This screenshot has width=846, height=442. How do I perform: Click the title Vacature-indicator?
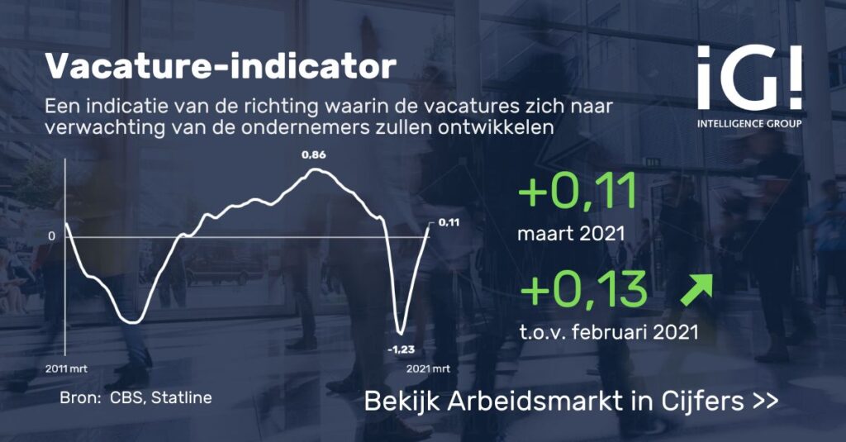pos(220,66)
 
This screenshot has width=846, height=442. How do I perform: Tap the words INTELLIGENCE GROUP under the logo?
pos(749,124)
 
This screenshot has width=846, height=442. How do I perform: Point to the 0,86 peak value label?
pos(313,154)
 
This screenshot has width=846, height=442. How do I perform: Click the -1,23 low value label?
pos(401,349)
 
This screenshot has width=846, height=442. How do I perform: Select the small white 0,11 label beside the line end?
pos(449,221)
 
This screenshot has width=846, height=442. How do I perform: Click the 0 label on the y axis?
pos(52,236)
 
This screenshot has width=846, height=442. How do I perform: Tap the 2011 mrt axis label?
pos(65,369)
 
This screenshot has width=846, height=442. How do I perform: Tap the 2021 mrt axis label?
pos(428,369)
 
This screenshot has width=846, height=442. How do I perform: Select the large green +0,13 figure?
pos(582,289)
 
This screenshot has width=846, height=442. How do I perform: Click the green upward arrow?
pos(696,290)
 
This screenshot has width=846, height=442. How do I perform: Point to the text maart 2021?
pos(571,234)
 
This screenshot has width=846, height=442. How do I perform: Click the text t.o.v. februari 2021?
pos(609,331)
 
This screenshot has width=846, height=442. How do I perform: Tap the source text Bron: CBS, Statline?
pos(136,397)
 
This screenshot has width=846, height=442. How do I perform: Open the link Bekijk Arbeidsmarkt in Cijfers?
pos(572,401)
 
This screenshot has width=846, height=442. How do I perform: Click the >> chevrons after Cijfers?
pos(765,402)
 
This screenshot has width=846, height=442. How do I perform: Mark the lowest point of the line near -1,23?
pos(401,332)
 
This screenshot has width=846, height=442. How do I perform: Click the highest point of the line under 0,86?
pos(316,169)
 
